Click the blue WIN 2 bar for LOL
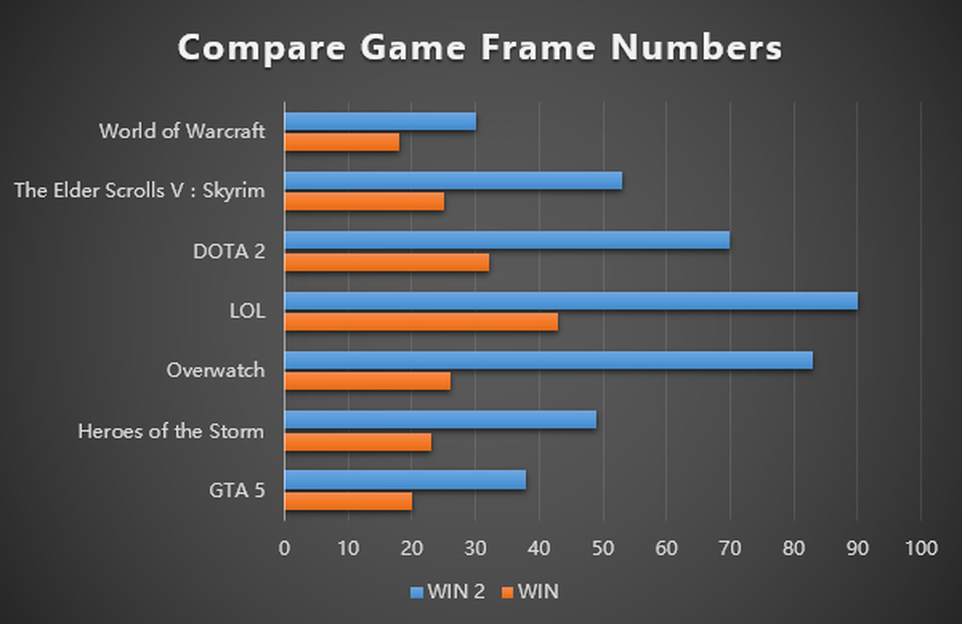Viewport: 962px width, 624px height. [x=571, y=301]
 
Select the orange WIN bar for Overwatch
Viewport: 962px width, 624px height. [x=368, y=381]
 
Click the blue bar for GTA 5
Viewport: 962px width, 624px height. [x=405, y=480]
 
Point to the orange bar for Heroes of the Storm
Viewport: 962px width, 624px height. [x=358, y=442]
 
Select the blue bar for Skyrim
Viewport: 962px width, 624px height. [x=453, y=181]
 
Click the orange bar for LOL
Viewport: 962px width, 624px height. [x=421, y=322]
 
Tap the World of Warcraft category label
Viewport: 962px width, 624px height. [x=182, y=131]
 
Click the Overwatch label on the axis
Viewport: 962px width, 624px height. [x=215, y=370]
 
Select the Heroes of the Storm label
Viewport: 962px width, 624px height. [x=171, y=431]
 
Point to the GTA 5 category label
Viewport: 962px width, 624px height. [x=237, y=490]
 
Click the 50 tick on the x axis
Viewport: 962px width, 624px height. [x=603, y=548]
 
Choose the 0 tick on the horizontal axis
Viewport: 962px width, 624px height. [x=284, y=548]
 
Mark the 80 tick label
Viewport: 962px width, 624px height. [x=793, y=548]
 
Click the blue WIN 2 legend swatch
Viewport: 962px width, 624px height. [x=416, y=592]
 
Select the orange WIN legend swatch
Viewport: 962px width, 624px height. [x=507, y=592]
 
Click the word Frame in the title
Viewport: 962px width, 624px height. [x=538, y=48]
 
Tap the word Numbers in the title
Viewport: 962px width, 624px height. [x=696, y=48]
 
